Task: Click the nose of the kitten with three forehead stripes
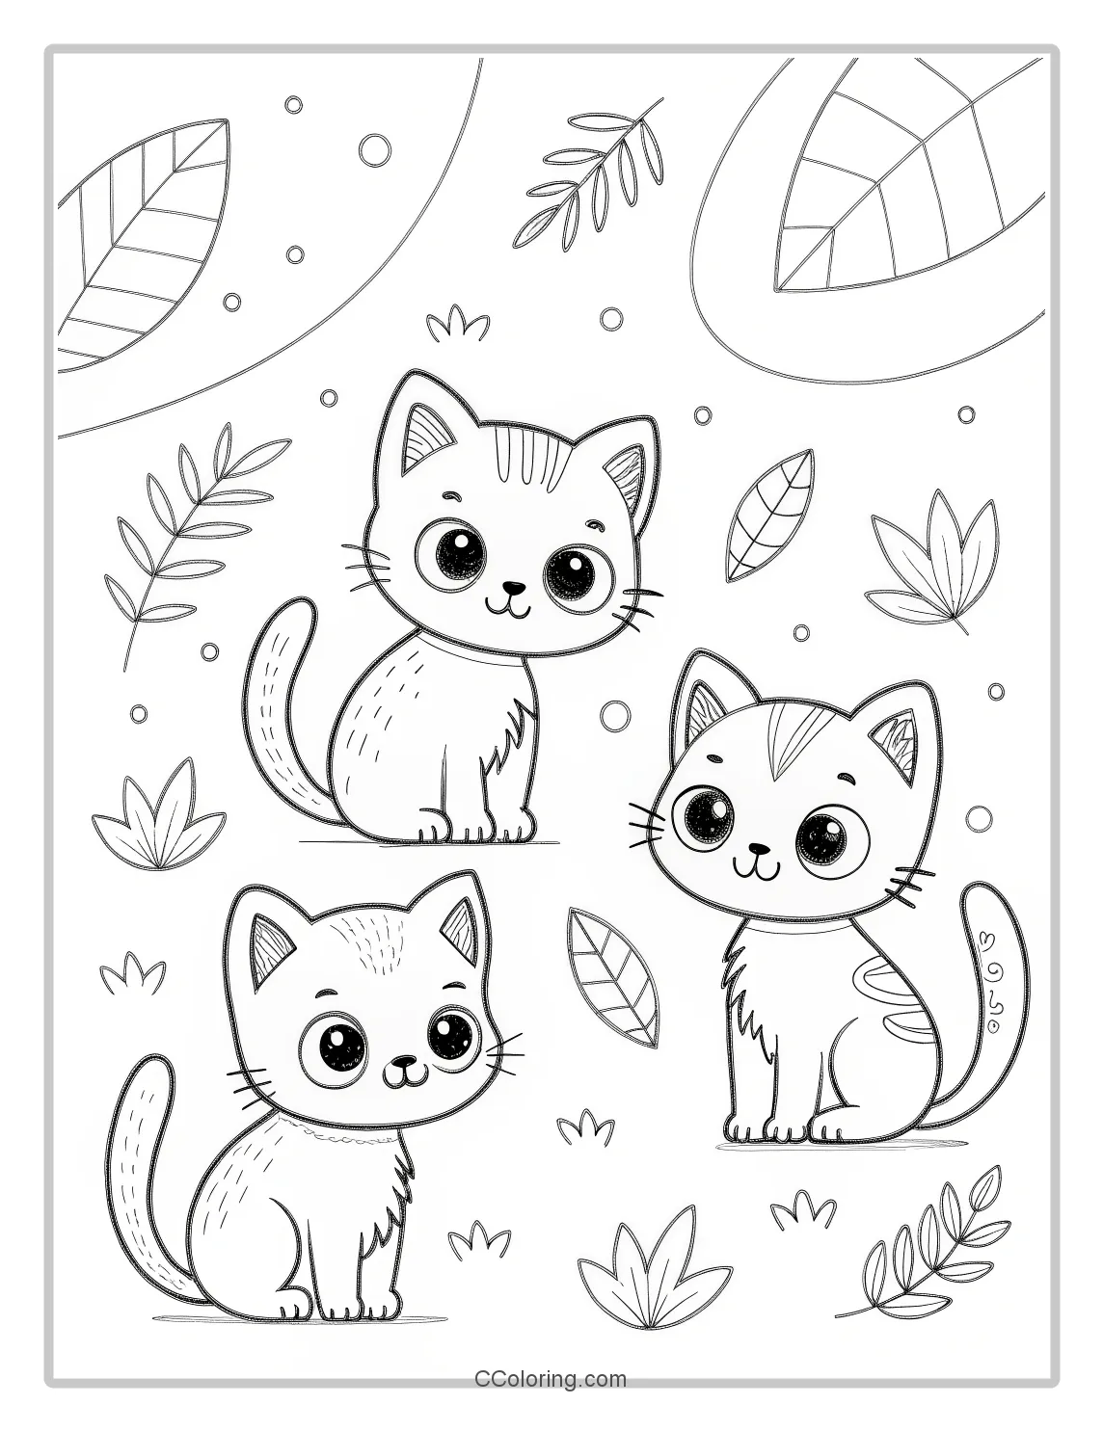click(517, 586)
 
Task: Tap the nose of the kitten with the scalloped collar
click(405, 1063)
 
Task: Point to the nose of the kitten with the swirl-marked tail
click(761, 850)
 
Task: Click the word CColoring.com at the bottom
click(551, 1379)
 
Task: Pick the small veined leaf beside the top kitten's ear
click(768, 517)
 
